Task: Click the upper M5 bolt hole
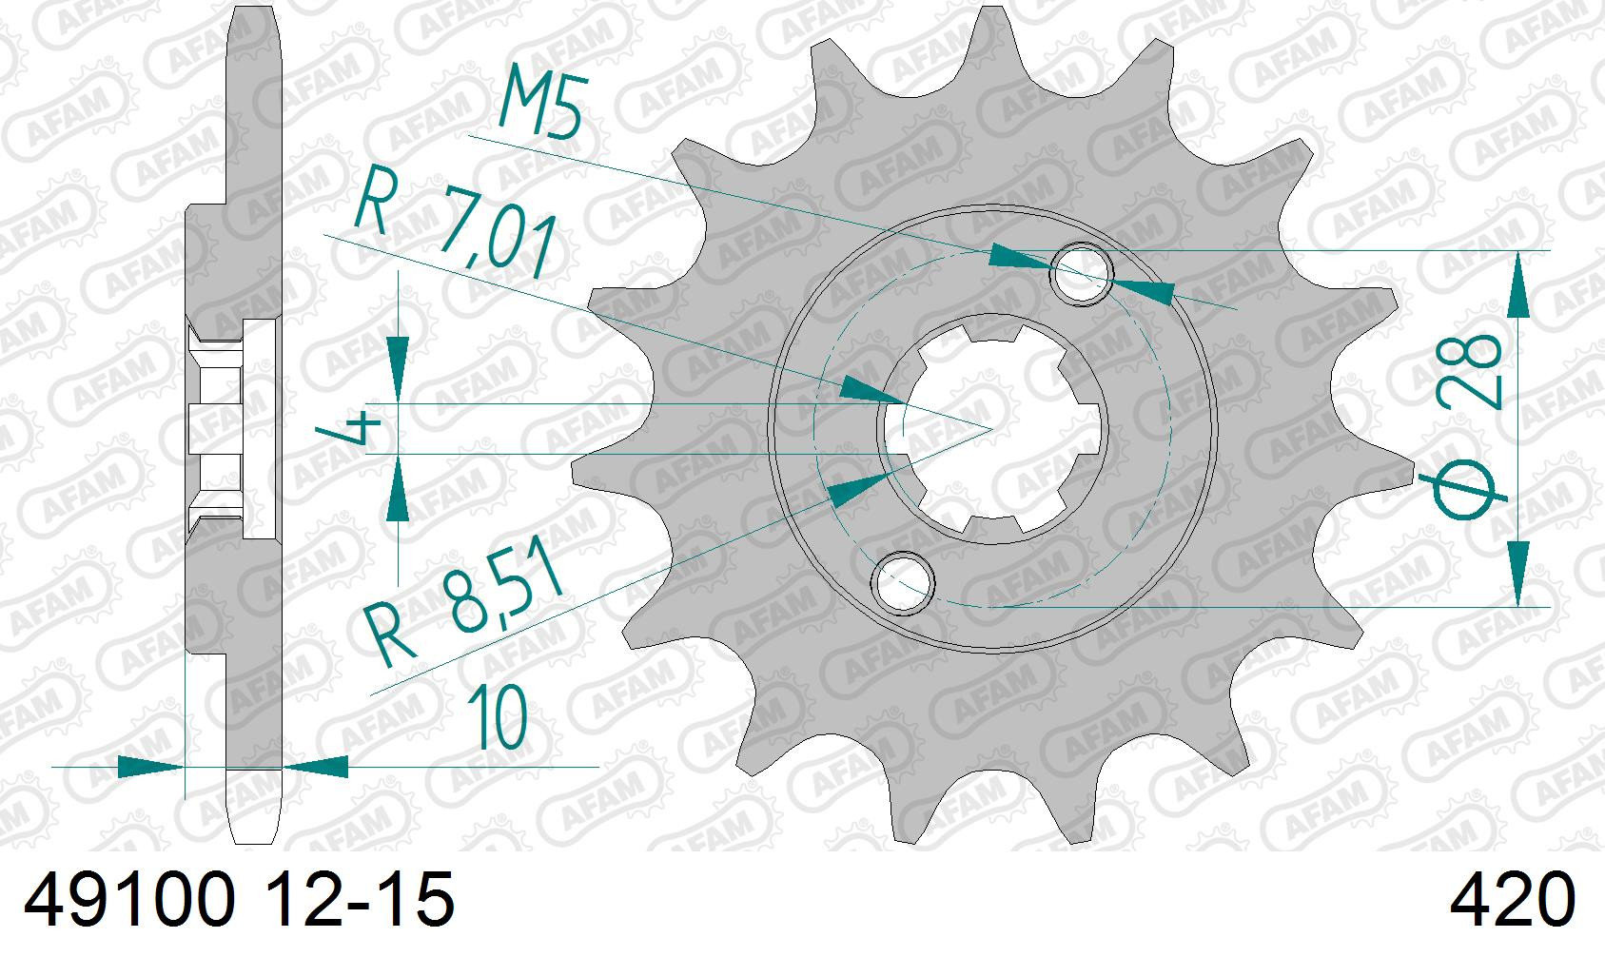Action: pyautogui.click(x=1081, y=274)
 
